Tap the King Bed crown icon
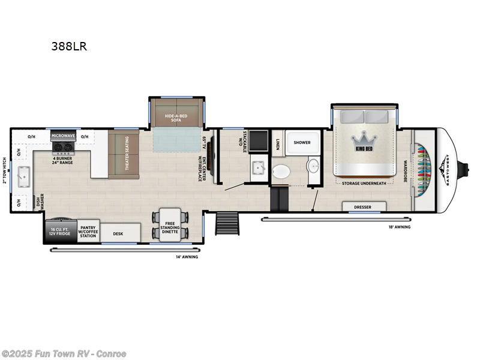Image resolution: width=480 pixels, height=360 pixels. [x=365, y=136]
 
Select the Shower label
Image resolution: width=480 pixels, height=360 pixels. [x=302, y=143]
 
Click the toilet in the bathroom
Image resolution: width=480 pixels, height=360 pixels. [x=280, y=172]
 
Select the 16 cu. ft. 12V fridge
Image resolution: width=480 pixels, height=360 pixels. [x=59, y=232]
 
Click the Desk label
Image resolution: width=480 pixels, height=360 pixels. [x=118, y=233]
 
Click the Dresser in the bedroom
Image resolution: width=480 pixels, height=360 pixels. [x=362, y=208]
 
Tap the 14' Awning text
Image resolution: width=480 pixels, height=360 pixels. [x=187, y=256]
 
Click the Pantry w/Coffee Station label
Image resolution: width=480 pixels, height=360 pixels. [x=88, y=232]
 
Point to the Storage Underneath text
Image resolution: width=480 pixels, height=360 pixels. [x=364, y=183]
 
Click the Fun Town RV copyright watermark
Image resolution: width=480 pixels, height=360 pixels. [x=64, y=353]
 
